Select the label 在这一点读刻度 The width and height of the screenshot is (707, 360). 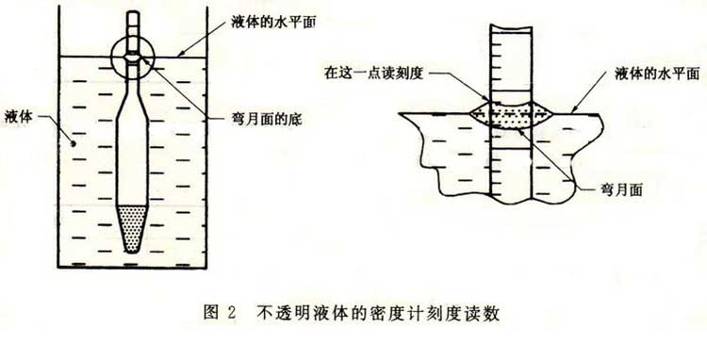pos(380,72)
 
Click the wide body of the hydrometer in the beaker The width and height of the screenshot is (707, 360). pos(136,151)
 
